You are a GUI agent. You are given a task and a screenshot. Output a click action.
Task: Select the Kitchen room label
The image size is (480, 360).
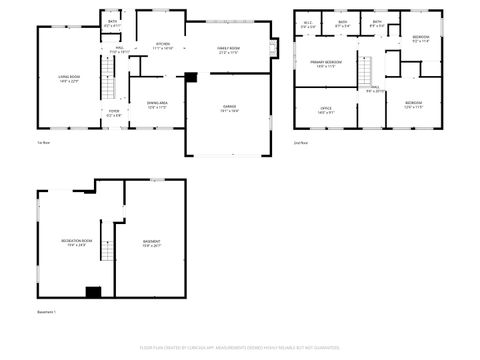pyautogui.click(x=163, y=46)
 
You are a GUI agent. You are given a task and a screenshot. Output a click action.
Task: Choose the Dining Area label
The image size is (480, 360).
pyautogui.click(x=157, y=104)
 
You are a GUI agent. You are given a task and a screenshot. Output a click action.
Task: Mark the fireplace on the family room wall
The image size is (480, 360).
pyautogui.click(x=274, y=47)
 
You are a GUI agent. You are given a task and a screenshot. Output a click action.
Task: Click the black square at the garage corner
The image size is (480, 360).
pyautogui.click(x=191, y=76)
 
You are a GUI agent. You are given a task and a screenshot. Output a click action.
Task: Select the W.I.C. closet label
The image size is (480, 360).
pyautogui.click(x=309, y=25)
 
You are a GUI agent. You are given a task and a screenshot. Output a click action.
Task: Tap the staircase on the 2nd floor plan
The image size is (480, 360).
pyautogui.click(x=367, y=71)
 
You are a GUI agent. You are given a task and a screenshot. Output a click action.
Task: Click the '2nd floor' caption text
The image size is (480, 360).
pyautogui.click(x=301, y=143)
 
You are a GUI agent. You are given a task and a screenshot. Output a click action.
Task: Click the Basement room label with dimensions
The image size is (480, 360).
pyautogui.click(x=152, y=243)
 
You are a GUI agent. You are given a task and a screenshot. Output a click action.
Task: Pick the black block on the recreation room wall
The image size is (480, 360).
pyautogui.click(x=93, y=291)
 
